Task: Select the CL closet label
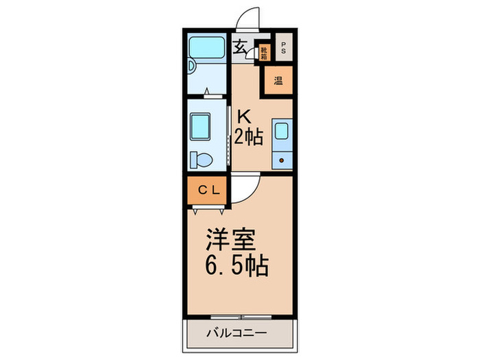pos(209,191)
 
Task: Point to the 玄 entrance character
pos(241,47)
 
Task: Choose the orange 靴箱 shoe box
pos(265,51)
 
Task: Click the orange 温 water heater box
pos(278,80)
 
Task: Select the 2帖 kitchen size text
pos(249,137)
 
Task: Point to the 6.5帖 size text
pos(237,264)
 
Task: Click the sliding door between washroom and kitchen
pos(228,136)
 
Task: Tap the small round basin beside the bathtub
pos(191,66)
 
